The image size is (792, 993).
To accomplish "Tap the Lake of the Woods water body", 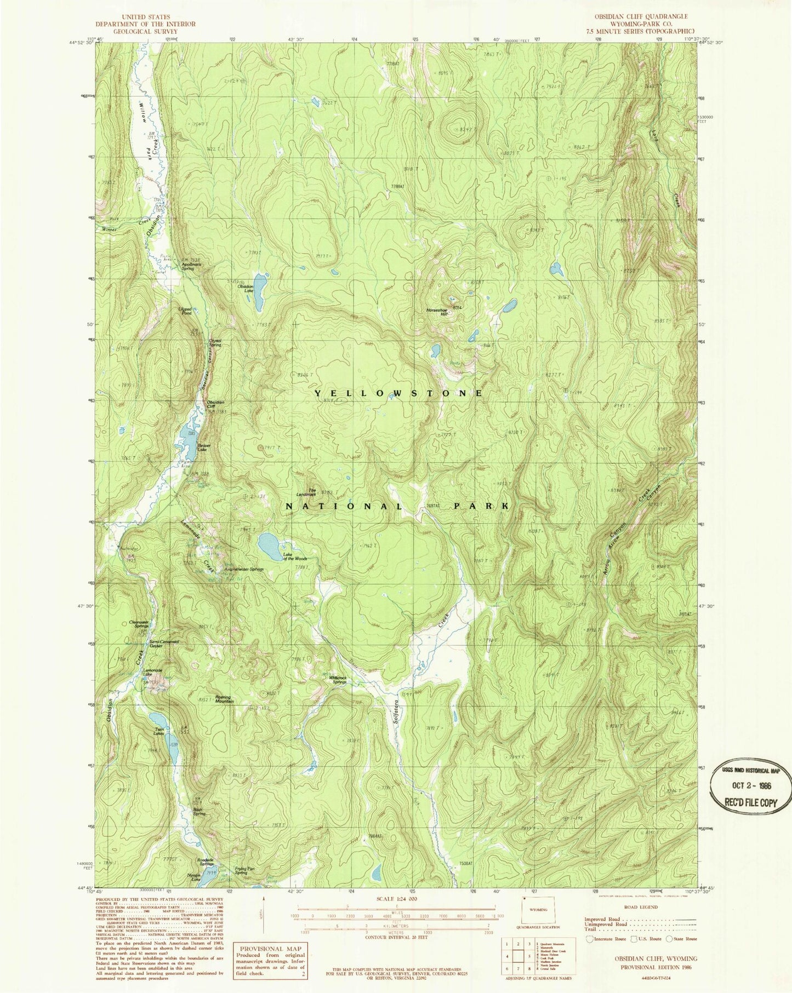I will coord(268,544).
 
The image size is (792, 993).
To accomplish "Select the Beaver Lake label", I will coord(205,447).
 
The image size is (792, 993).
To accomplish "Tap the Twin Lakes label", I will coord(159,732).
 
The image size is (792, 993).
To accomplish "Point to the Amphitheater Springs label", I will coord(244,569).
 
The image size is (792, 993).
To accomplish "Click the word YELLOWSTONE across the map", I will coord(398,393).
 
